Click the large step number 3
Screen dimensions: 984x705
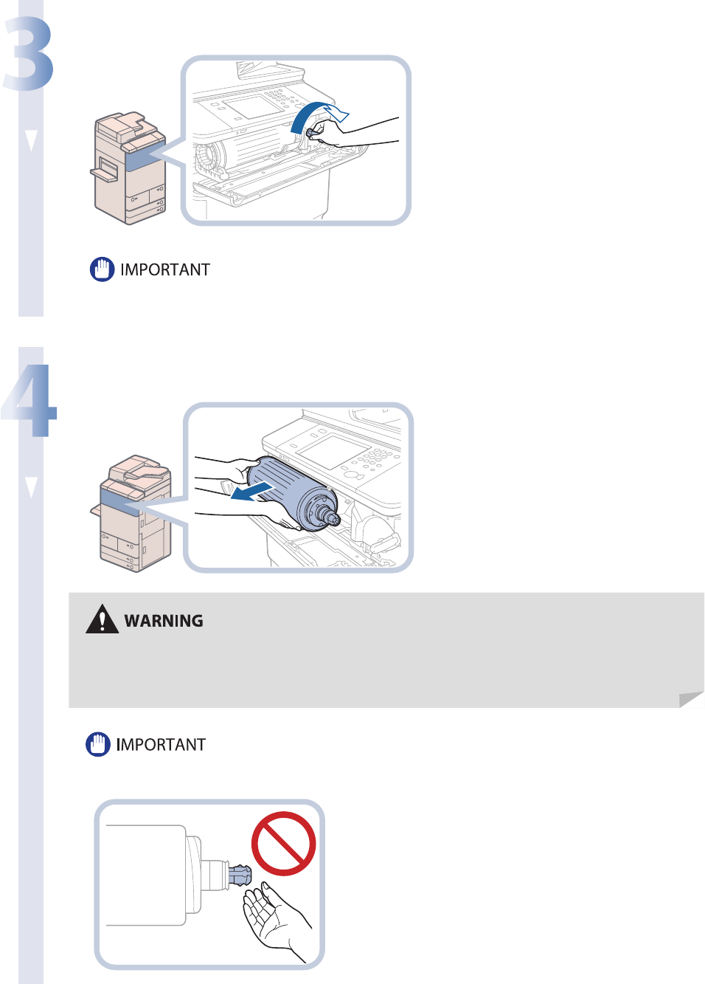(29, 55)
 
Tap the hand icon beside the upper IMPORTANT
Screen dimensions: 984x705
(102, 269)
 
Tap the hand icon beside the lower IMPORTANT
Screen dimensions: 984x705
(97, 744)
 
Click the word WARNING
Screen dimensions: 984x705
(164, 621)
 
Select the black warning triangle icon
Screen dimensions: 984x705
(102, 620)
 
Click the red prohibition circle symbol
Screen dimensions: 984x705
(284, 844)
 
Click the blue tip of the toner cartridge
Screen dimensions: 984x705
(241, 876)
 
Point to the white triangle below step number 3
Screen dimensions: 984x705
(31, 140)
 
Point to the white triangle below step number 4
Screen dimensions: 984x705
(31, 486)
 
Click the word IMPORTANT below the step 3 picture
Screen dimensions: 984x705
(165, 269)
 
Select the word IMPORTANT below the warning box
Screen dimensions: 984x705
(161, 744)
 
